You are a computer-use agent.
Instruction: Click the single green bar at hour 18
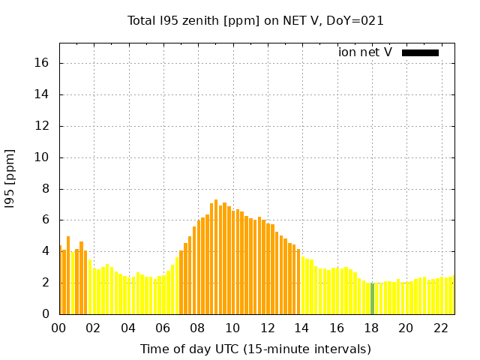coord(372,298)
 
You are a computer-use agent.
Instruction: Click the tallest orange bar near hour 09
coord(216,256)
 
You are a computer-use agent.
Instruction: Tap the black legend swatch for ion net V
coord(420,52)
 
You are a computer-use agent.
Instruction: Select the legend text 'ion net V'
coord(365,52)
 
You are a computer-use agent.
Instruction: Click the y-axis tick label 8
coord(46,188)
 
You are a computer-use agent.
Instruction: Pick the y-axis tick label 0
coord(46,313)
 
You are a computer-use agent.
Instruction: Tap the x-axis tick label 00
coord(59,328)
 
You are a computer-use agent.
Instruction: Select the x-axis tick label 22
coord(441,328)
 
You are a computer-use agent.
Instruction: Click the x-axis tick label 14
coord(302,328)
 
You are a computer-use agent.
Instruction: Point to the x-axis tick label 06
coord(163,328)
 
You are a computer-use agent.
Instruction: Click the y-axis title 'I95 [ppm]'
coord(10,178)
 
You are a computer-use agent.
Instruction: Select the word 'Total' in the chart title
coord(143,21)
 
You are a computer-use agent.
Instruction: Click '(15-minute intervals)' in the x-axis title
coord(313,349)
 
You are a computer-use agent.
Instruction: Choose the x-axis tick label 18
coord(371,328)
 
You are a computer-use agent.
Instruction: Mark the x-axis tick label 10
coord(232,328)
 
